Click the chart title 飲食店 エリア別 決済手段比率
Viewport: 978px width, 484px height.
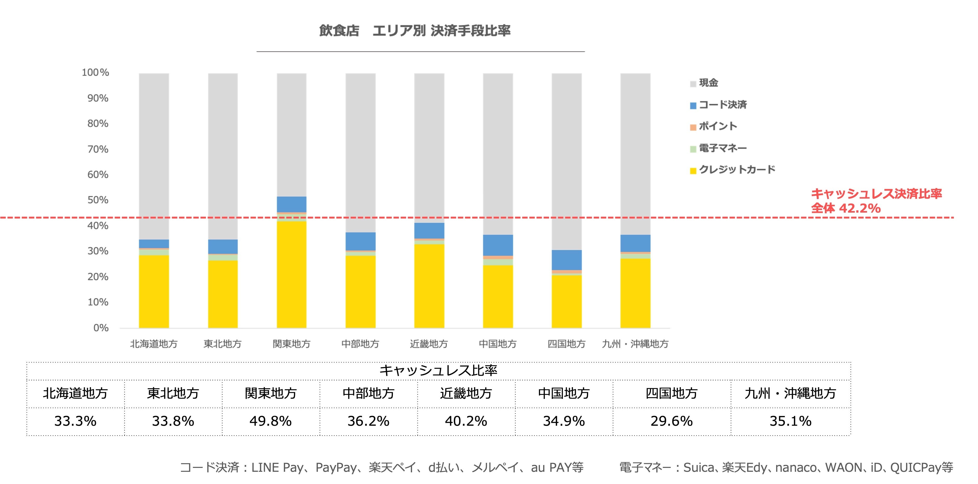click(x=415, y=31)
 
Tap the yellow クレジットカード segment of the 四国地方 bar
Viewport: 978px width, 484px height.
click(x=566, y=301)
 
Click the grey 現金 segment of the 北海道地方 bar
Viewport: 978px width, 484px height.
click(x=154, y=156)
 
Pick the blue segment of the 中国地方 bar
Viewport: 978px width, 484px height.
click(x=498, y=245)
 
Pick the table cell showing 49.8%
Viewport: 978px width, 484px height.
click(x=271, y=421)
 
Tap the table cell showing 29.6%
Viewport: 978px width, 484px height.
click(x=671, y=421)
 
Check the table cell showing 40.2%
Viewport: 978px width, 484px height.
click(x=466, y=421)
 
